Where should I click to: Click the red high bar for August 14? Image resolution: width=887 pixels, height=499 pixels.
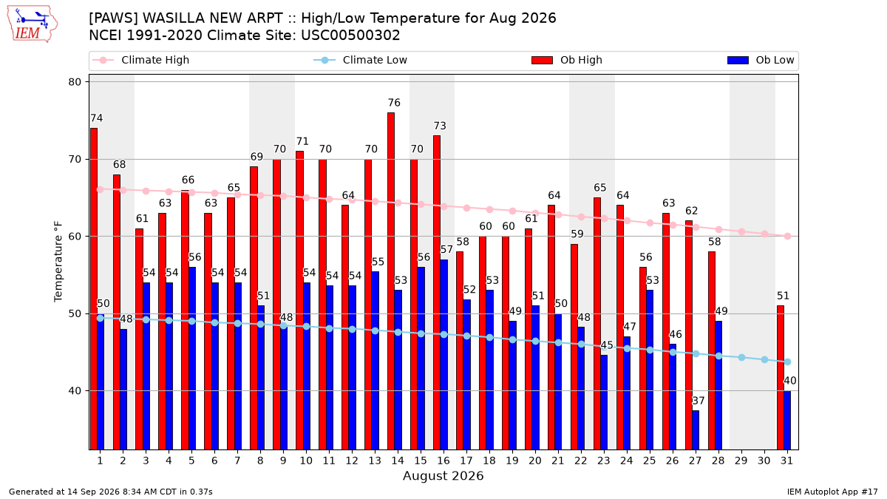tap(391, 281)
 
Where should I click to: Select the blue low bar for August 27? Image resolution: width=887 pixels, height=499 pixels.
tap(696, 430)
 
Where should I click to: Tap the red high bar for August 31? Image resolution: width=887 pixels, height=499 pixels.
tap(781, 378)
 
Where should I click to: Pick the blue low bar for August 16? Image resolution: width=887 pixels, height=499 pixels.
tap(444, 354)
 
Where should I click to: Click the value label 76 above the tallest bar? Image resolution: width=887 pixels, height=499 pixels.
tap(394, 103)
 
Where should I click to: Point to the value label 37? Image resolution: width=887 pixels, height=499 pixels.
tap(698, 401)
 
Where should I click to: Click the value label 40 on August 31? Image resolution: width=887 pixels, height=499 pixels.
tap(790, 381)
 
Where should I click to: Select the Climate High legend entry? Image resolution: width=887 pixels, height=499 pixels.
tap(140, 60)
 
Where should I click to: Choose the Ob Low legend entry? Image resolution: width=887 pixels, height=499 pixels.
tap(761, 60)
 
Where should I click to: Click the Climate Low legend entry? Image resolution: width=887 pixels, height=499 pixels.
tap(361, 60)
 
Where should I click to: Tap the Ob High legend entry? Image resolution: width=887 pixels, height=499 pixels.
tap(567, 60)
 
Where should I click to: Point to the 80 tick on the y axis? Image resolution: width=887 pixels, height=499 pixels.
tap(75, 82)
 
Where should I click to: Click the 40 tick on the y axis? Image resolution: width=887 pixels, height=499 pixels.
tap(75, 391)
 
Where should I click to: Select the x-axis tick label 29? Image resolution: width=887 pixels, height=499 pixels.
tap(741, 461)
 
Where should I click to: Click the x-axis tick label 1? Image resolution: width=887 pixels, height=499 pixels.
tap(101, 461)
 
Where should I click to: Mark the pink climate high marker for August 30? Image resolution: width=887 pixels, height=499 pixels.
tap(764, 234)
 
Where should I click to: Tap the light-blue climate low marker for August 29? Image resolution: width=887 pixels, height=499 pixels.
tap(741, 358)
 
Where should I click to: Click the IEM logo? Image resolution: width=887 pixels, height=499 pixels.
tap(32, 24)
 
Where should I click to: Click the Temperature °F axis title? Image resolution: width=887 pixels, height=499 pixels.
tap(58, 262)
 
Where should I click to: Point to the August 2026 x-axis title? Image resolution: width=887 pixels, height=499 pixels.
tap(443, 475)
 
